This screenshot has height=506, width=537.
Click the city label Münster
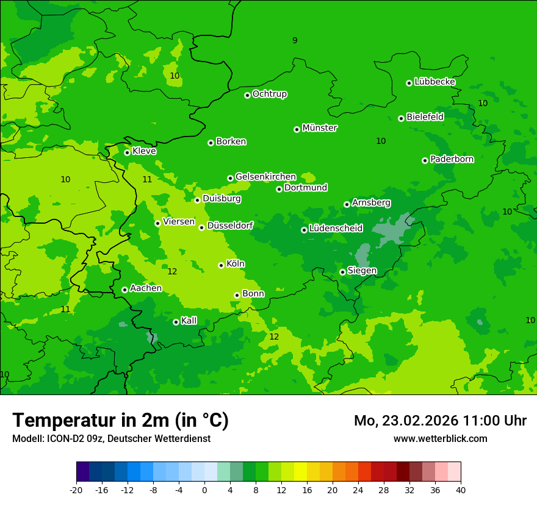[x=320, y=128]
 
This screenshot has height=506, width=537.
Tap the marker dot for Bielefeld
[x=401, y=118]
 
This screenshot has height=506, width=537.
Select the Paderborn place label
[x=452, y=159]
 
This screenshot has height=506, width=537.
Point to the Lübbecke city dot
[x=409, y=83]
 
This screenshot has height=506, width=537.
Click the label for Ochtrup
[x=270, y=94]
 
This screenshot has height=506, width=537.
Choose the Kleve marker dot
[x=127, y=152]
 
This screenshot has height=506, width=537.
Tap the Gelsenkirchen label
[x=265, y=177]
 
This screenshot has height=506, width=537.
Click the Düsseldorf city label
[x=230, y=226]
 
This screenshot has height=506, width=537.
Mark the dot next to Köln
[x=221, y=265]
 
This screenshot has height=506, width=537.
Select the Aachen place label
[x=146, y=288]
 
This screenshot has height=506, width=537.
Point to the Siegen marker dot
[x=342, y=272]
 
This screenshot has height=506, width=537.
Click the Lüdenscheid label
[x=336, y=229]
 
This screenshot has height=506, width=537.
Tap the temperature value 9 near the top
[x=295, y=41]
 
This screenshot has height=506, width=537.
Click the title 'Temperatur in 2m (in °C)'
[x=120, y=420]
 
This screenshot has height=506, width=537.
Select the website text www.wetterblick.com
[x=440, y=438]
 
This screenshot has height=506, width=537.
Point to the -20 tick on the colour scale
[x=76, y=490]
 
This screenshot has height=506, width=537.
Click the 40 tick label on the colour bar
[x=461, y=490]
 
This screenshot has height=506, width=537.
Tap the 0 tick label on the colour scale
[x=204, y=490]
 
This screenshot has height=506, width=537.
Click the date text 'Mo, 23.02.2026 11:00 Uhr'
[x=440, y=421]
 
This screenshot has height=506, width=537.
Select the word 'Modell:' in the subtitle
[x=27, y=438]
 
